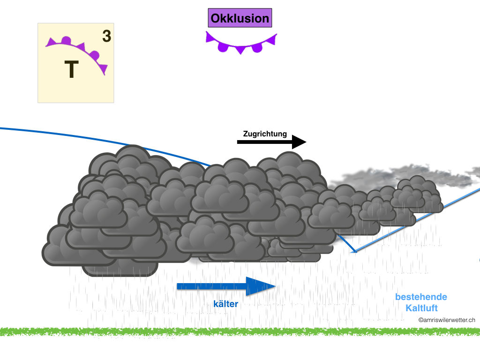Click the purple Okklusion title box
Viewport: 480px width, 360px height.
(x=240, y=19)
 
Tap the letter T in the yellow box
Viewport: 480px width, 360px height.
(x=71, y=70)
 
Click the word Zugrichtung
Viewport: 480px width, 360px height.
(x=265, y=134)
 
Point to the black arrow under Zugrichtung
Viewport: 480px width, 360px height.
(x=271, y=142)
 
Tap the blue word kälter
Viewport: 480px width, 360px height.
(x=226, y=304)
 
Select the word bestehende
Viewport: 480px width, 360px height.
(x=421, y=297)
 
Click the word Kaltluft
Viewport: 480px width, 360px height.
(x=421, y=308)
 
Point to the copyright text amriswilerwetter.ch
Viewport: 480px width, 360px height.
(x=447, y=320)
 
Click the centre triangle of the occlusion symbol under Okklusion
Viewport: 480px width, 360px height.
(x=240, y=49)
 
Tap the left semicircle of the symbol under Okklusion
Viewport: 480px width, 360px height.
(x=223, y=46)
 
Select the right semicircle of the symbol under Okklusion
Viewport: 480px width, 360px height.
(x=257, y=47)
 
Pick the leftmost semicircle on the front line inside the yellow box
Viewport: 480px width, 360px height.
(x=66, y=40)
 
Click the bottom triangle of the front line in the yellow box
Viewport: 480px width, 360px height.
(x=104, y=69)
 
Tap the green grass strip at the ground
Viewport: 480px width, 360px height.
(x=240, y=331)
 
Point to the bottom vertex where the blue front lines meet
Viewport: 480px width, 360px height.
(x=355, y=252)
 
